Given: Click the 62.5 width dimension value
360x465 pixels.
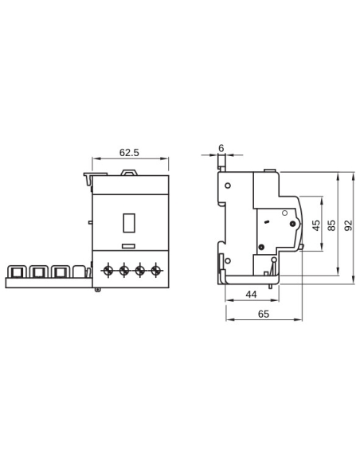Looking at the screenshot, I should coord(129,152).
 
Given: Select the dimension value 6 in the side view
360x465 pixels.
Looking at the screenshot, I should coord(221,148).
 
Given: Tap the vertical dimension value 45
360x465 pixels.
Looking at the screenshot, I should coord(315,225).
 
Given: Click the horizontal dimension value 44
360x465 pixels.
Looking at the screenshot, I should coord(251,295).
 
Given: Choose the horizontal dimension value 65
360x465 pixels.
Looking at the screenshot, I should coord(264,315).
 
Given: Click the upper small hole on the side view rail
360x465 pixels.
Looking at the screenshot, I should coord(228,186).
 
